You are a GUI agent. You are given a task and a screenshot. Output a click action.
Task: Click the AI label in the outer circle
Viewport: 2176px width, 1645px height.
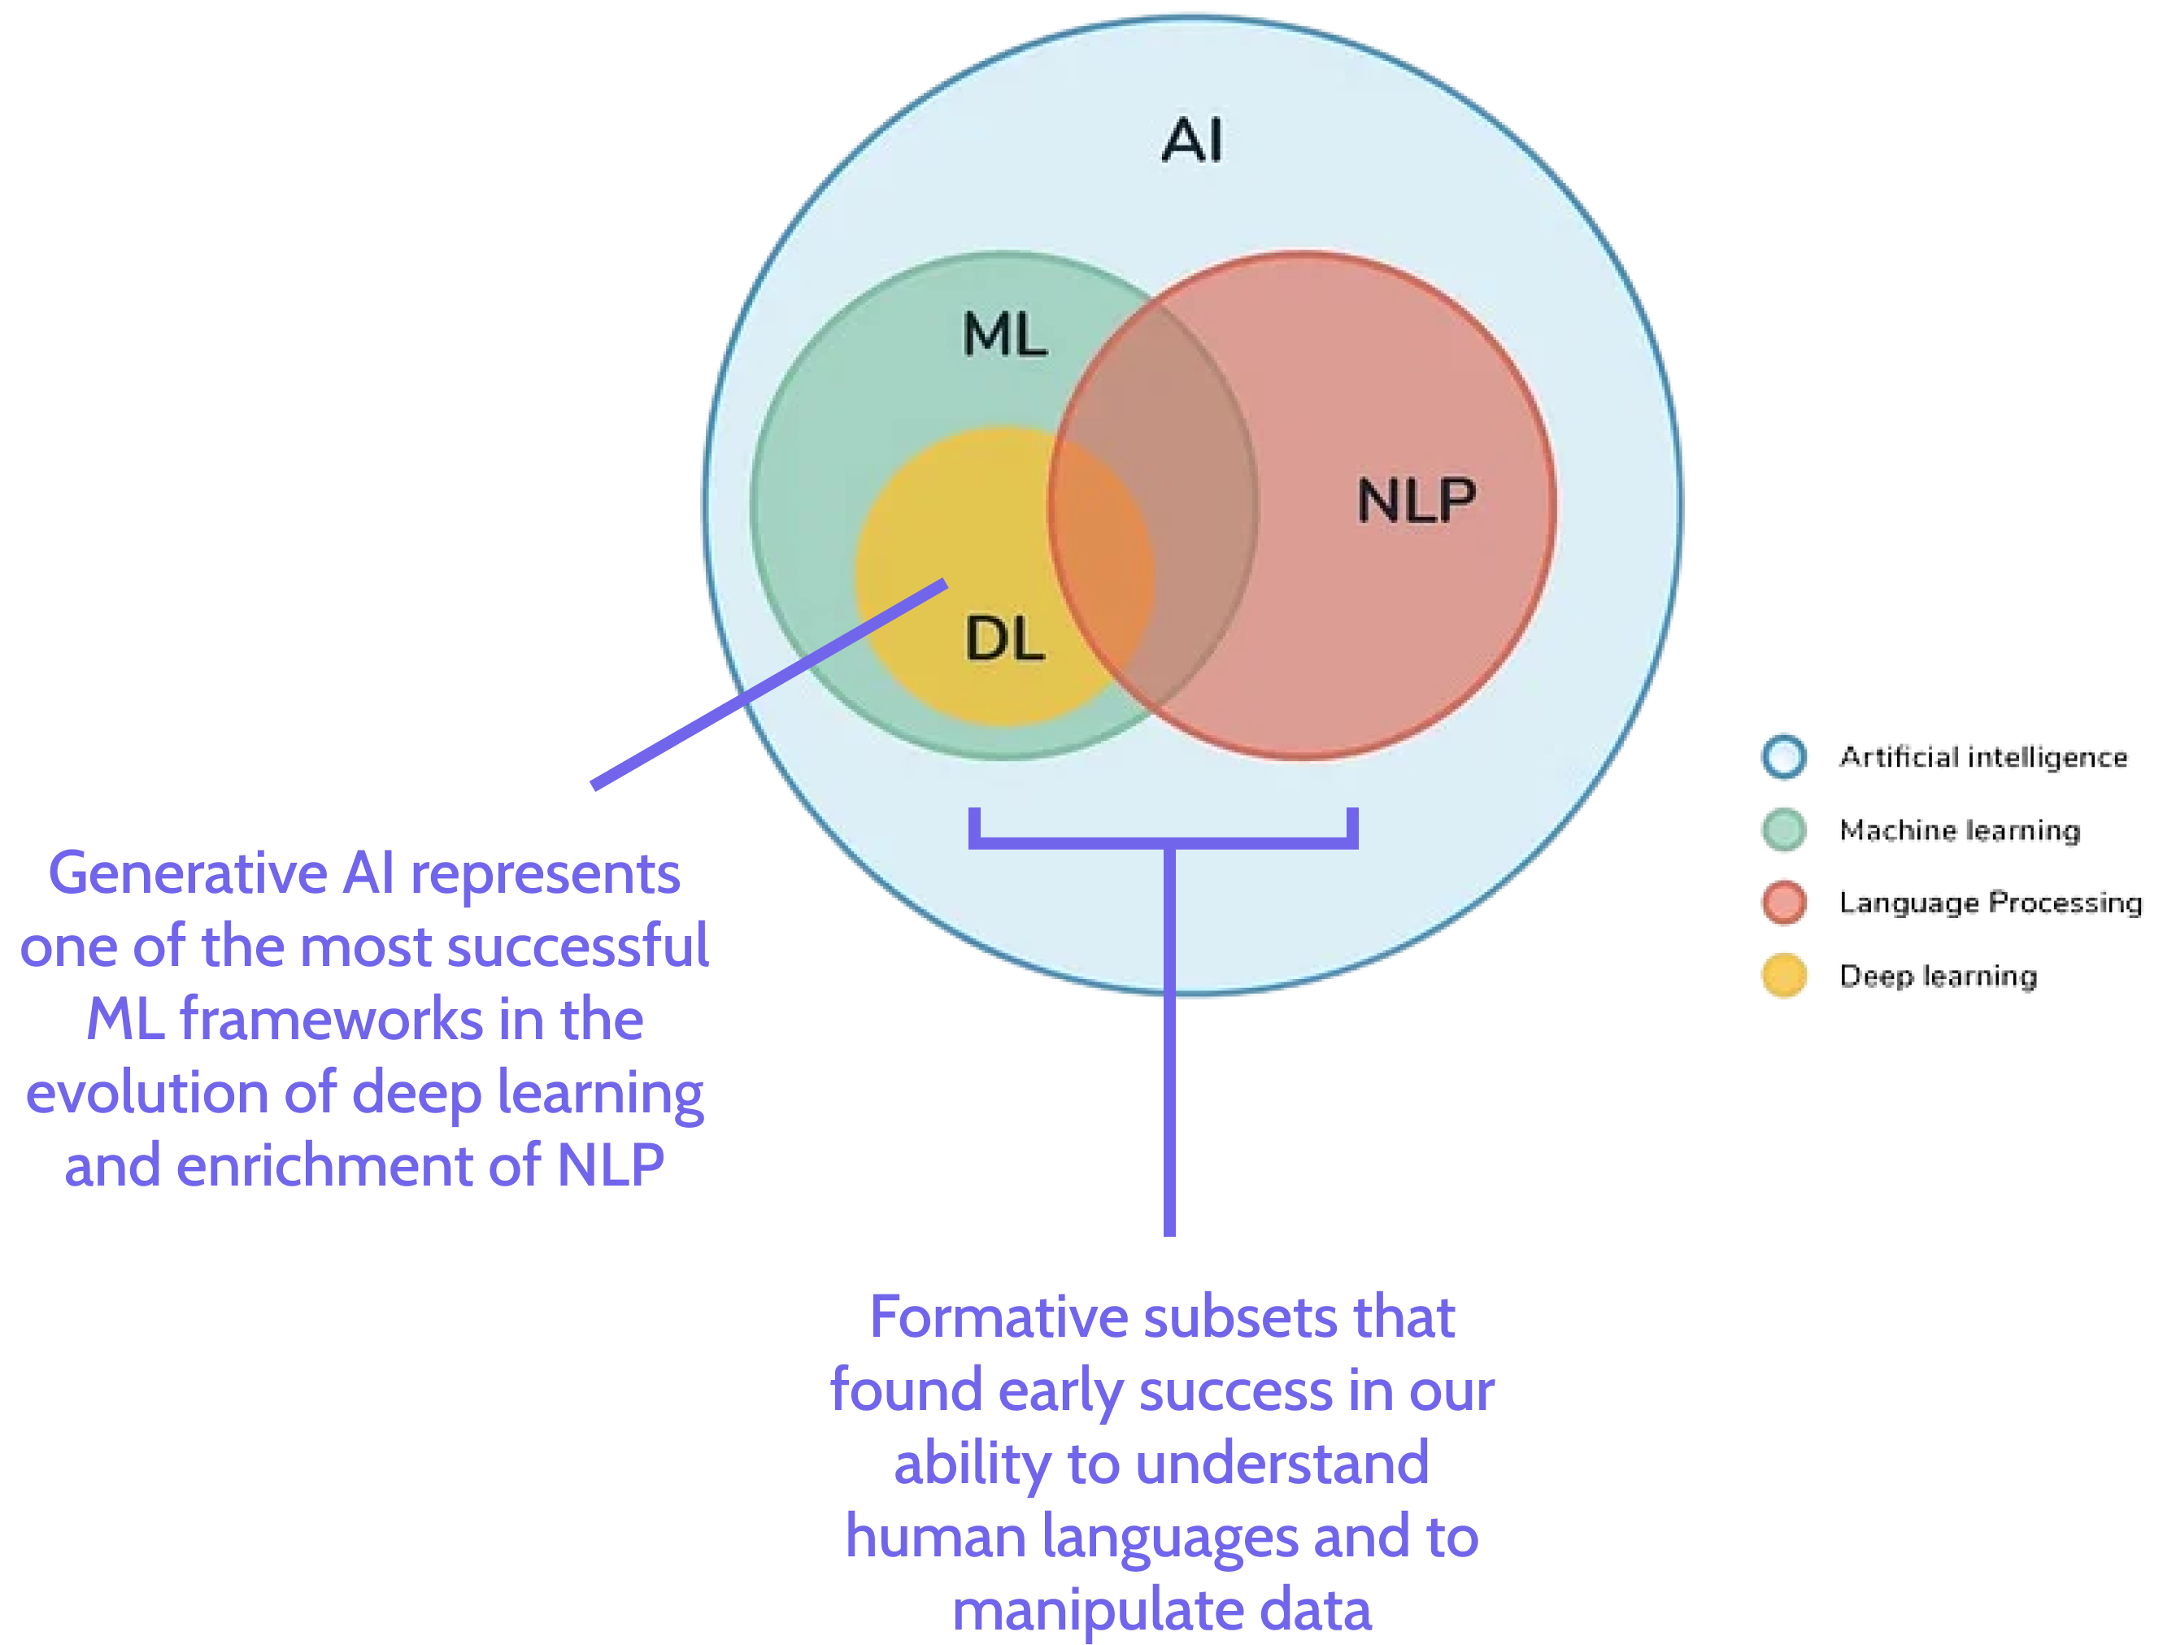tap(1192, 140)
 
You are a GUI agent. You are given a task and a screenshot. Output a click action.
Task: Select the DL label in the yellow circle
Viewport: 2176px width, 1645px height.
tap(1004, 639)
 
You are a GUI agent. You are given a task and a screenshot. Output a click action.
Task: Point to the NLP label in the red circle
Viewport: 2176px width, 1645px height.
tap(1417, 500)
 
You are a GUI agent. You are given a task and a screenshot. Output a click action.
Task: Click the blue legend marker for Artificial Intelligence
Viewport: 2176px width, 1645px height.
tap(1785, 756)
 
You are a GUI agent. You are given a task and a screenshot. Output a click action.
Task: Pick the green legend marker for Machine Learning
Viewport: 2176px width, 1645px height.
tap(1785, 829)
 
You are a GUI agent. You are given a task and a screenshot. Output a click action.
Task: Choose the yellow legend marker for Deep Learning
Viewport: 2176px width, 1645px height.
tap(1785, 975)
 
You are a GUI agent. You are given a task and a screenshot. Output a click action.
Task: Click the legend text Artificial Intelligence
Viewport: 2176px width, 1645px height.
tap(1982, 756)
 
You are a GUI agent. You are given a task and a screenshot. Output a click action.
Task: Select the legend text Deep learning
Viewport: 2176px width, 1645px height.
tap(1940, 975)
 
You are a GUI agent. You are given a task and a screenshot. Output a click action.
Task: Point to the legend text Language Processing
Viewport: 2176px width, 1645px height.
tap(1992, 903)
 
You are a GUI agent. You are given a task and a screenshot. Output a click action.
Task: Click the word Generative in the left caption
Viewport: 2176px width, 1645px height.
tap(188, 873)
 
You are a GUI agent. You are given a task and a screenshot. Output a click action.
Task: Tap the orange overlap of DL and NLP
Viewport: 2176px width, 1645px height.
tap(1102, 571)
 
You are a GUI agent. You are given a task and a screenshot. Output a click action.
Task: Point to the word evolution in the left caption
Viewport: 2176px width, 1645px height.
tap(147, 1093)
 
